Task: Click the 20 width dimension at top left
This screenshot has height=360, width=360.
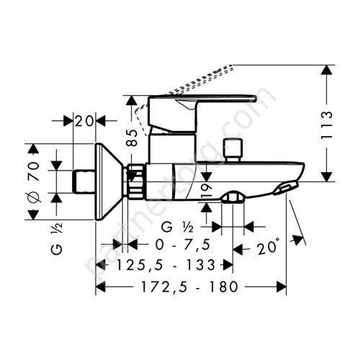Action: click(x=86, y=121)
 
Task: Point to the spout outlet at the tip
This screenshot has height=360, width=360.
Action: click(x=284, y=189)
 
